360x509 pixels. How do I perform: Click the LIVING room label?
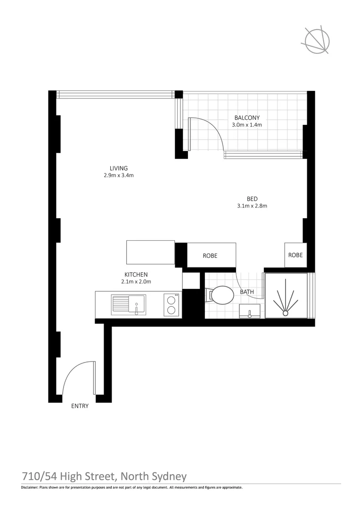[x=119, y=168]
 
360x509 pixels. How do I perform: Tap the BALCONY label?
[x=246, y=118]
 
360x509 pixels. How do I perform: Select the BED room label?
[x=252, y=198]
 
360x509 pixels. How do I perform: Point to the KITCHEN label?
[x=136, y=274]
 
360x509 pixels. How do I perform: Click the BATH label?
[x=247, y=292]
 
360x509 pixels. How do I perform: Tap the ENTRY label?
[x=80, y=406]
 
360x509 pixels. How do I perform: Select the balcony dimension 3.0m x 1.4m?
[x=246, y=125]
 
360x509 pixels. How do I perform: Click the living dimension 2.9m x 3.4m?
[x=119, y=175]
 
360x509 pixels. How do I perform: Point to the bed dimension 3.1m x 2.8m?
[x=252, y=205]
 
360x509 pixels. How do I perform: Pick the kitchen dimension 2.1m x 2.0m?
[x=136, y=281]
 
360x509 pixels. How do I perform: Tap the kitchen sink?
[x=129, y=304]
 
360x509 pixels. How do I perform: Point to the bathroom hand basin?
[x=250, y=311]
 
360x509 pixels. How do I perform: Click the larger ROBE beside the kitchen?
[x=210, y=255]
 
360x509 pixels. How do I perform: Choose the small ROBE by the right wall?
[x=295, y=254]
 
